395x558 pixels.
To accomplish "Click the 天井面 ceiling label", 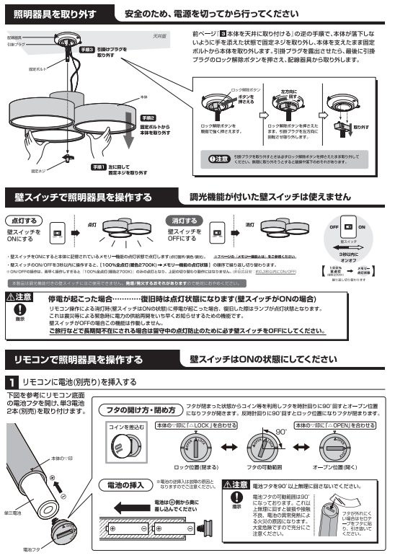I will pyautogui.click(x=159, y=34).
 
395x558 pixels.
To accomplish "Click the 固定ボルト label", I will pyautogui.click(x=37, y=70).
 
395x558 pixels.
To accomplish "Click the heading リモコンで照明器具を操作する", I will pyautogui.click(x=78, y=358).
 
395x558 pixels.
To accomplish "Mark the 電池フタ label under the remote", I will pyautogui.click(x=32, y=550).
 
